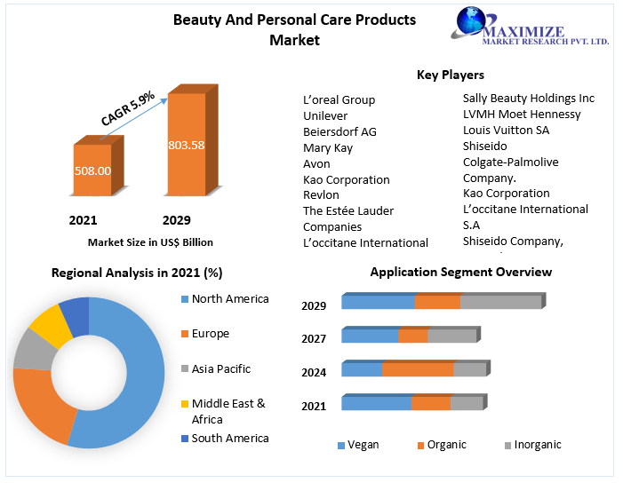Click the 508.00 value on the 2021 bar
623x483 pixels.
pos(92,170)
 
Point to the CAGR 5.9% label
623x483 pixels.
pos(128,106)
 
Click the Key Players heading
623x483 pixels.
pos(451,75)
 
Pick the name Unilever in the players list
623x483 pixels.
pos(325,115)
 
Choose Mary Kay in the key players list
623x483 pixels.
pos(328,147)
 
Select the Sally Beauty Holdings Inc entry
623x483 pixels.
pos(529,99)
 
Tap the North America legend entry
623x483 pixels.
pos(229,299)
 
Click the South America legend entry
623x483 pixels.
pos(229,438)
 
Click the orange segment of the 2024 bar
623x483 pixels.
pos(418,369)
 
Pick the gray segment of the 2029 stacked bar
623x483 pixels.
pos(500,302)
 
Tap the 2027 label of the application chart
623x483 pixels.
pos(314,338)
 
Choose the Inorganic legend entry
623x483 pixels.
pos(536,445)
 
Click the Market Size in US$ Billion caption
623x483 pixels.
pos(150,241)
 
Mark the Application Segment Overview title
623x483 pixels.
pos(460,272)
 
